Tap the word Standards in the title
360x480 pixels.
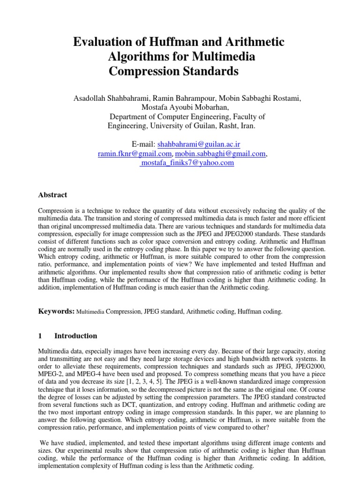pyautogui.click(x=210, y=72)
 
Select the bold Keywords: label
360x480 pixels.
pyautogui.click(x=56, y=311)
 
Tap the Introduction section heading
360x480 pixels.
pyautogui.click(x=76, y=336)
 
